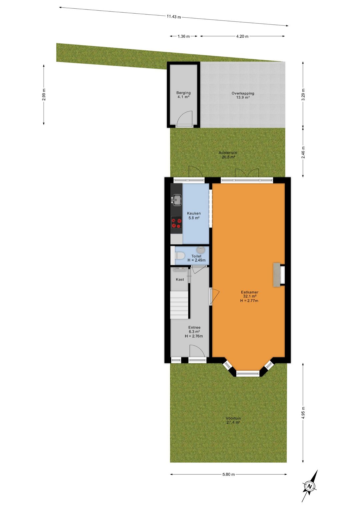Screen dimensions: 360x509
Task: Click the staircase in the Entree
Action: (179, 305)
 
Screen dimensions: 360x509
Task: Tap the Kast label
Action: (180, 280)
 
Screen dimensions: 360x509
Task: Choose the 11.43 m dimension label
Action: (174, 16)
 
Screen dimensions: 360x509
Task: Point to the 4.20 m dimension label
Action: (242, 36)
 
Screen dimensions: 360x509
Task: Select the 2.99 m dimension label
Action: (44, 94)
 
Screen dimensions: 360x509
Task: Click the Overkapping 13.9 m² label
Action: (243, 95)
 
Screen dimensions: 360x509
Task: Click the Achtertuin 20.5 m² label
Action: (228, 155)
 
